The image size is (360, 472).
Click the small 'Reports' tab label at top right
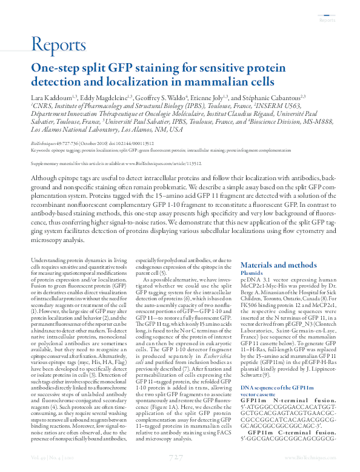coord(327,20)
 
